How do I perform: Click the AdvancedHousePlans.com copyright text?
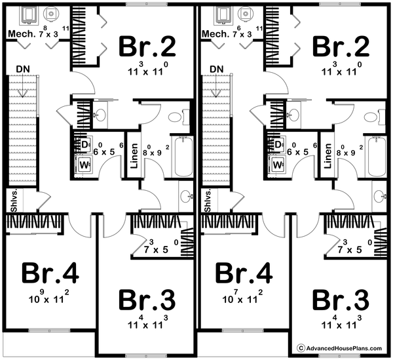tap(342, 348)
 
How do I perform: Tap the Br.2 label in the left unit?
tap(147, 47)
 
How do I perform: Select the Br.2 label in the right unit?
tap(341, 47)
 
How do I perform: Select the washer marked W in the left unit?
tap(84, 165)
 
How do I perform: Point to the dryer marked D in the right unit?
tap(278, 145)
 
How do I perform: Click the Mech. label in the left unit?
tap(17, 34)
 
